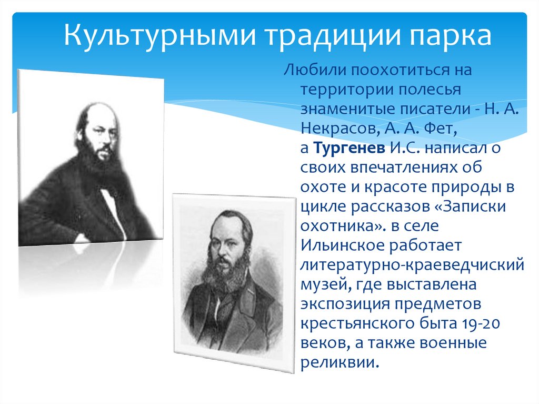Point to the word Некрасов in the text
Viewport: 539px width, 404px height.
point(332,128)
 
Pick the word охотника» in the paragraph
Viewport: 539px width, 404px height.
point(341,226)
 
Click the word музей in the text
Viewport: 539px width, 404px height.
point(321,284)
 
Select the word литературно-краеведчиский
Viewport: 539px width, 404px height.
point(412,265)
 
